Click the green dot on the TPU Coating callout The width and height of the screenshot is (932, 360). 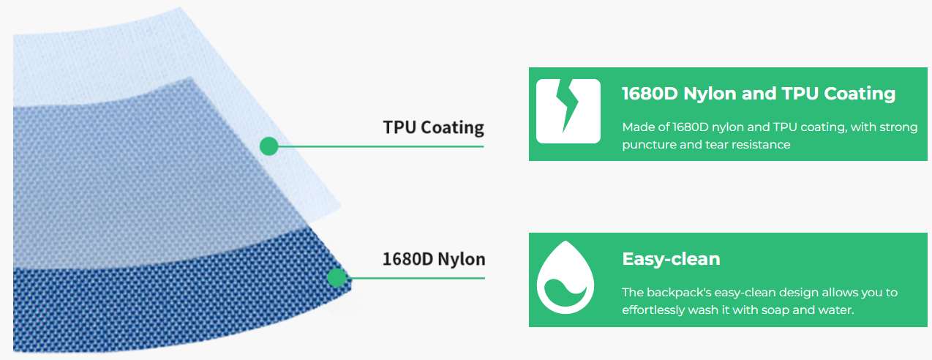click(268, 146)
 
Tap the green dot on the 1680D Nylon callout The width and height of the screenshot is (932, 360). click(337, 277)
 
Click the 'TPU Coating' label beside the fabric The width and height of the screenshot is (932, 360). click(433, 127)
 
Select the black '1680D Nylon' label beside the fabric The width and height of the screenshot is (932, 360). click(434, 259)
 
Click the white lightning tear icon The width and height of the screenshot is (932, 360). click(568, 111)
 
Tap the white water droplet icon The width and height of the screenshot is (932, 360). click(565, 277)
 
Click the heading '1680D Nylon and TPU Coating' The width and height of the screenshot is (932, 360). click(759, 93)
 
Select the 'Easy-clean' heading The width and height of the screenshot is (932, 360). click(671, 259)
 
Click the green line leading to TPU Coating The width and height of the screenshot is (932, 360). click(380, 146)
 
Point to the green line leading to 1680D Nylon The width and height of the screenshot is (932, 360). click(416, 278)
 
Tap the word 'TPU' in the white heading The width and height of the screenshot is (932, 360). click(800, 93)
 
